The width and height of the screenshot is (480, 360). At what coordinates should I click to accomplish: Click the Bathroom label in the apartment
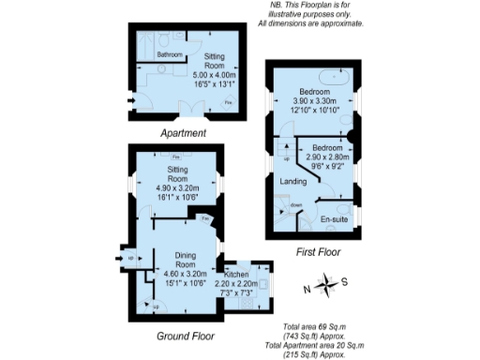pyautogui.click(x=170, y=55)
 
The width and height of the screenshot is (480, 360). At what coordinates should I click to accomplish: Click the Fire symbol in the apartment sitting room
pyautogui.click(x=228, y=102)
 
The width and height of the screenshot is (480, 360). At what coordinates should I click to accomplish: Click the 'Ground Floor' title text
pyautogui.click(x=185, y=335)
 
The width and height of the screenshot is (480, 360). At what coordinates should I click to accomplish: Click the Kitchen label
pyautogui.click(x=237, y=273)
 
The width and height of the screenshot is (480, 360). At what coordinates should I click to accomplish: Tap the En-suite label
pyautogui.click(x=334, y=219)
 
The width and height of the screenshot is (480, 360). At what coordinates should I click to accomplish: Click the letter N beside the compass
pyautogui.click(x=307, y=288)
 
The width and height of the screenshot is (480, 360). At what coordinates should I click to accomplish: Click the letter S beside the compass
pyautogui.click(x=344, y=280)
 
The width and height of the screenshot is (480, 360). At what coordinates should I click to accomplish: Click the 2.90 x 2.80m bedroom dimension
pyautogui.click(x=327, y=157)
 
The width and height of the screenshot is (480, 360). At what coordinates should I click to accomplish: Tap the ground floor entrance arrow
pyautogui.click(x=121, y=256)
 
